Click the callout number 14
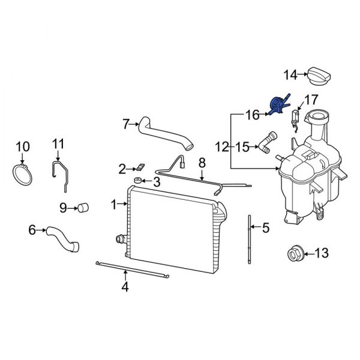[x=290, y=75]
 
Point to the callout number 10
[x=22, y=146]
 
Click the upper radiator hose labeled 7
[x=163, y=133]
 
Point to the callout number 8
[x=202, y=163]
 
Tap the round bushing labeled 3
[x=137, y=181]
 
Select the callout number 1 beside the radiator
[x=113, y=205]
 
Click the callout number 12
[x=221, y=146]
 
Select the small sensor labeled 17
[x=296, y=118]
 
